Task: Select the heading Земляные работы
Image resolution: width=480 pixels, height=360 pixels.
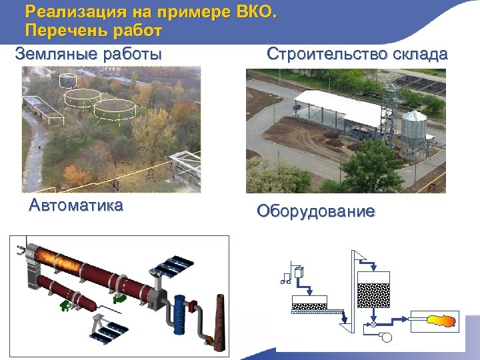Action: [88, 54]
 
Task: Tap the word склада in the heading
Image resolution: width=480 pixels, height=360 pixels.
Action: [419, 54]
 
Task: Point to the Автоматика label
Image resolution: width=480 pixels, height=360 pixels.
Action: [76, 205]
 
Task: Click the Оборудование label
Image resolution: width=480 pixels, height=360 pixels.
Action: [316, 212]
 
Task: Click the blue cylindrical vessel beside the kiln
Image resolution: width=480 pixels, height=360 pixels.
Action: [180, 313]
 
